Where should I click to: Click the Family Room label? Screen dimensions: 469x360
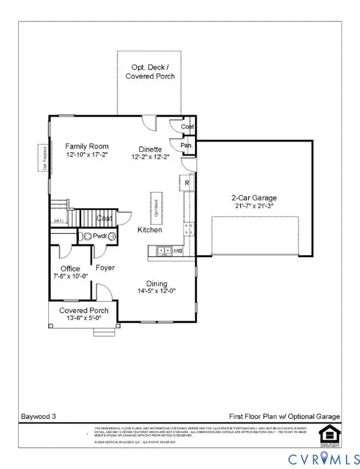[x=87, y=146]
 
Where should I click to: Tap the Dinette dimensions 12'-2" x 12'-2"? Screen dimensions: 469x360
[x=149, y=157]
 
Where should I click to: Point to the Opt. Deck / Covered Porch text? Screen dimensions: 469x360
[x=150, y=71]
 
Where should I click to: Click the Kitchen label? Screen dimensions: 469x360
[x=150, y=230]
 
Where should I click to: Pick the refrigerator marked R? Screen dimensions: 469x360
[x=186, y=183]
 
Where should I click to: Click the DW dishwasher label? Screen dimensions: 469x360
[x=178, y=250]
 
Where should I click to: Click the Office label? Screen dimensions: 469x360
[x=70, y=269]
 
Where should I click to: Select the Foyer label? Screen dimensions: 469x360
[x=105, y=267]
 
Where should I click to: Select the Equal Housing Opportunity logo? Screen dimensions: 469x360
[x=329, y=432]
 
